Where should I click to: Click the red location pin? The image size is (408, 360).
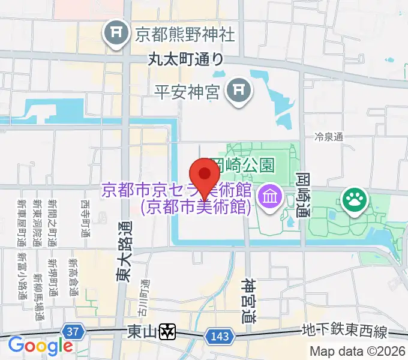(205, 176)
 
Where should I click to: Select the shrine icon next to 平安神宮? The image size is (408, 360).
(239, 91)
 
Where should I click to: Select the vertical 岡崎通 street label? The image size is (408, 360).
(302, 196)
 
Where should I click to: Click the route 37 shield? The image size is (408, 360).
(73, 332)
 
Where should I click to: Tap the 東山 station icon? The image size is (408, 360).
(169, 331)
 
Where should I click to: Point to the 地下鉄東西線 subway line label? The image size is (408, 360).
(345, 332)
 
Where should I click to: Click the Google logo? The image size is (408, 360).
(40, 346)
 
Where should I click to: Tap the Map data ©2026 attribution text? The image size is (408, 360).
(358, 352)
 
